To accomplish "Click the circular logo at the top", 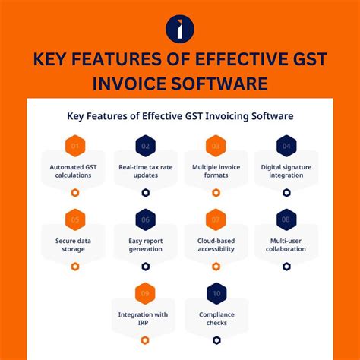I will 179,28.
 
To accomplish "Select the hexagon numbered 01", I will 75,145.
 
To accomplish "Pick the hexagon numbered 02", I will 146,145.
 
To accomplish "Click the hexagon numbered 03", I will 216,145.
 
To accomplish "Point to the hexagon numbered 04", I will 286,145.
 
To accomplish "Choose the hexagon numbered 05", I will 75,219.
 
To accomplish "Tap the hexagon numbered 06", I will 146,219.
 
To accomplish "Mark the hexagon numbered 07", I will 216,219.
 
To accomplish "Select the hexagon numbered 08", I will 286,219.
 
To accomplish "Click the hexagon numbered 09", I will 146,293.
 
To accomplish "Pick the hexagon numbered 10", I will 216,293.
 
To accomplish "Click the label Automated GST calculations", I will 75,171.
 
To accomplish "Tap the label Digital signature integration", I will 286,171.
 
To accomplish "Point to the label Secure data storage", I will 75,245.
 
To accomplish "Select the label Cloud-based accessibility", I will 216,245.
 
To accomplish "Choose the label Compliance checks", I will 216,319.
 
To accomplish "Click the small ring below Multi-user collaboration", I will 286,267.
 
